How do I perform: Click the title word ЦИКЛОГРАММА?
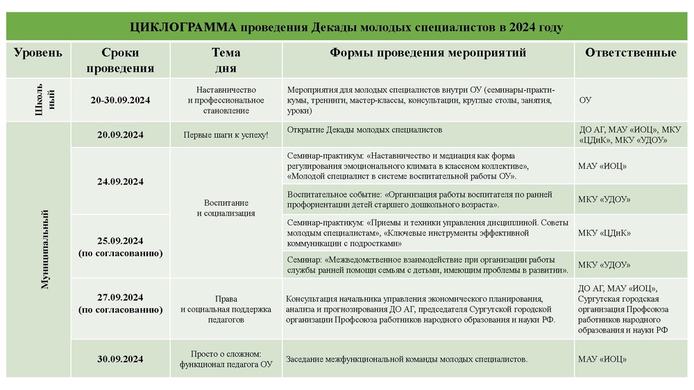(x=183, y=27)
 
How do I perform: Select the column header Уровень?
(x=38, y=53)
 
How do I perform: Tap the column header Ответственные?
(x=630, y=53)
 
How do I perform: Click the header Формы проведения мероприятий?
(x=428, y=53)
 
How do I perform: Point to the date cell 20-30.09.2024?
(x=120, y=100)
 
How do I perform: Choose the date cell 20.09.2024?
(x=120, y=135)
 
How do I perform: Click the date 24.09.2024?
(x=120, y=181)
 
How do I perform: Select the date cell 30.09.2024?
(x=120, y=359)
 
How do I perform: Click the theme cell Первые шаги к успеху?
(x=226, y=135)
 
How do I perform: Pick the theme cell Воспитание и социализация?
(x=226, y=208)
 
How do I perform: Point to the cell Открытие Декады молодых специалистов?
(x=364, y=130)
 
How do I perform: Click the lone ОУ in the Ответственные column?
(x=585, y=100)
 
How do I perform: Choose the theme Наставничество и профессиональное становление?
(x=226, y=100)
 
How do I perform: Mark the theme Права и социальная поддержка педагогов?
(x=226, y=309)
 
